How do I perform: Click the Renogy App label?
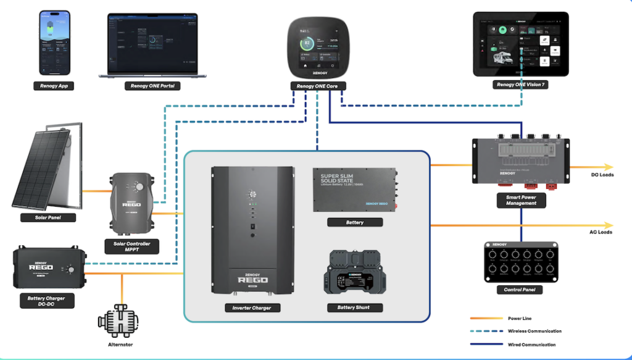pos(54,86)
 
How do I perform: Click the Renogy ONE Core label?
pos(318,86)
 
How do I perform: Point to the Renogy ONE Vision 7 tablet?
pos(520,44)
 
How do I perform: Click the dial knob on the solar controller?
pos(140,186)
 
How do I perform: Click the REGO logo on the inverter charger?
pos(252,278)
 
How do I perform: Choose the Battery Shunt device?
pos(354,281)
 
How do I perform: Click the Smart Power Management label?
pos(521,199)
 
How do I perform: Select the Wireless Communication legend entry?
pos(533,331)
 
